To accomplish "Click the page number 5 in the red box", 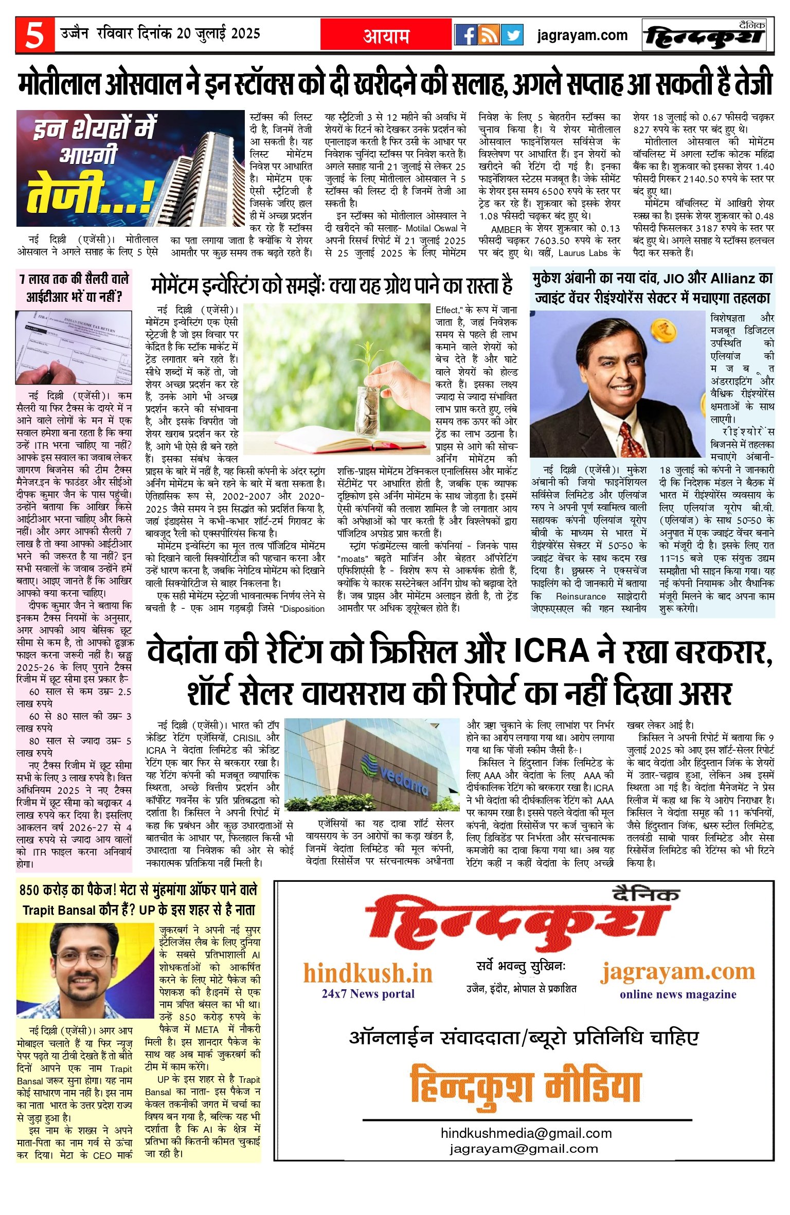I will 34,35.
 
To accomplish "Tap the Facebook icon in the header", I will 466,35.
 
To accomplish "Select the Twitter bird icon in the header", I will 512,35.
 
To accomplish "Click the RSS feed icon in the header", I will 489,35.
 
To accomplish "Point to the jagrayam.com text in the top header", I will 582,35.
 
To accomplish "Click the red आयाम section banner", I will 386,35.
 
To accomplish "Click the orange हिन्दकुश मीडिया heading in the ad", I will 526,1085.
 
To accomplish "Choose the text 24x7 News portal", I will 368,993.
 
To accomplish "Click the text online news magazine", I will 677,994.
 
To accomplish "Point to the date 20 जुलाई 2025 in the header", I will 219,33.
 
